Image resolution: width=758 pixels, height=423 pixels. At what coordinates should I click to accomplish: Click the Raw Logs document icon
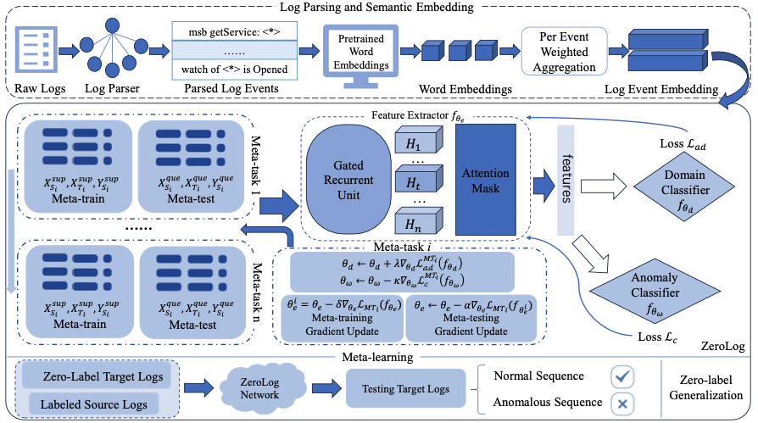(36, 52)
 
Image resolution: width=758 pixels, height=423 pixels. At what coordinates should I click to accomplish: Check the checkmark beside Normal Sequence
(623, 375)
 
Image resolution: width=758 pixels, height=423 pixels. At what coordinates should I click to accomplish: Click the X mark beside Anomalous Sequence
(623, 404)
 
